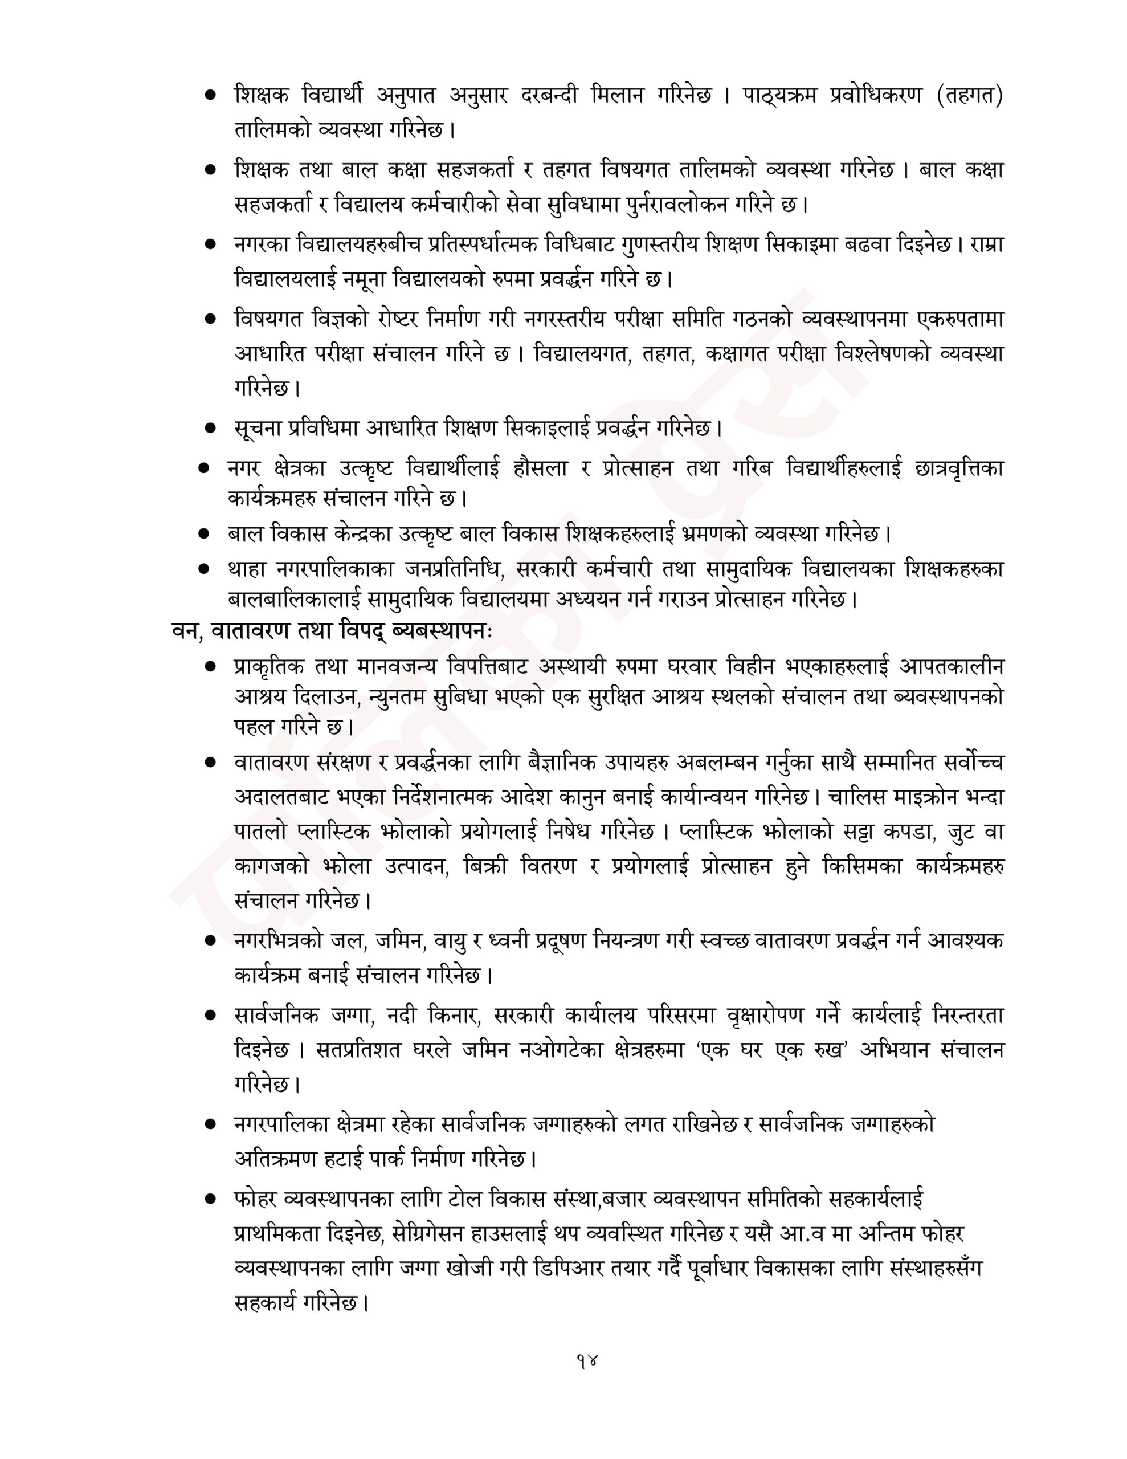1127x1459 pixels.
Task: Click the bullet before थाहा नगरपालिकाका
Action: (x=204, y=569)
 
